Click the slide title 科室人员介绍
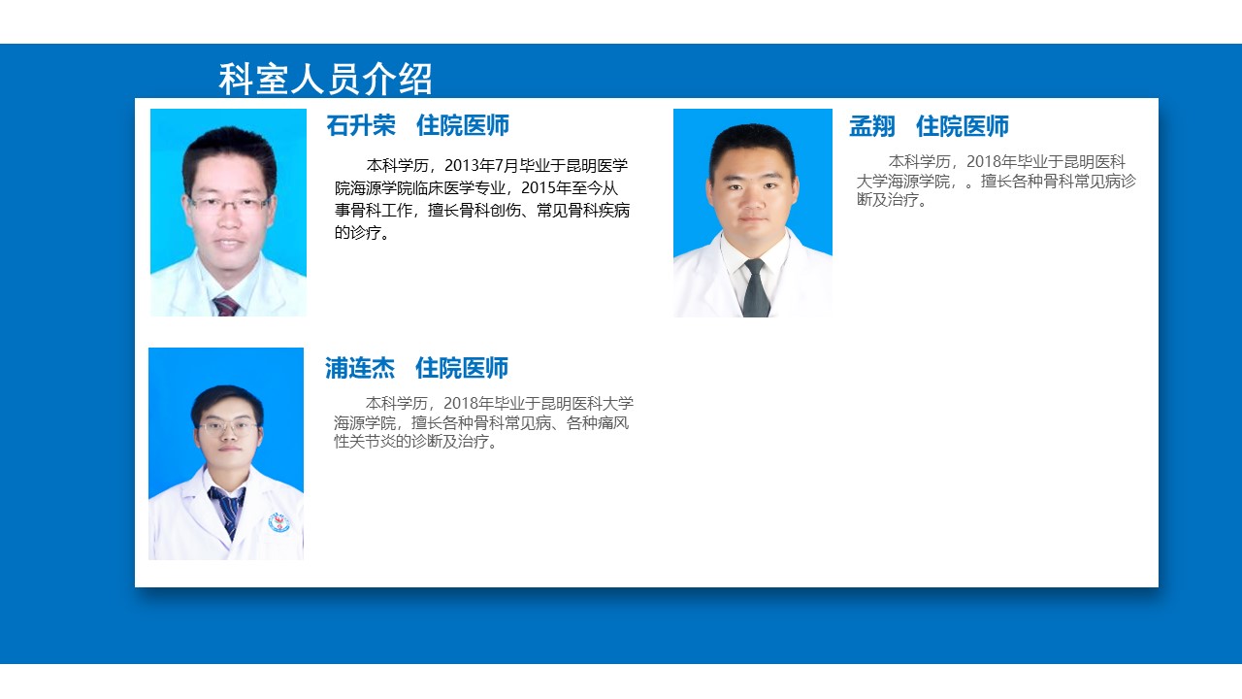pos(325,79)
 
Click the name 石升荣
pos(361,125)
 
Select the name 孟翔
pos(872,126)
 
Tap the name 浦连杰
pos(360,368)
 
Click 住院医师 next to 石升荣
pos(463,125)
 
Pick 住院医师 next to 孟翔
pos(963,126)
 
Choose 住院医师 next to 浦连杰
pos(462,368)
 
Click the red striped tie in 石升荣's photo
pos(226,306)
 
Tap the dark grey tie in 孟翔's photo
pos(755,288)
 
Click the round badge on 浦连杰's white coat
pos(278,522)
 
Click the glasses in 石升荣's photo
pos(229,204)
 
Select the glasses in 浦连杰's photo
pos(228,428)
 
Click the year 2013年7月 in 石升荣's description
pos(481,165)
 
